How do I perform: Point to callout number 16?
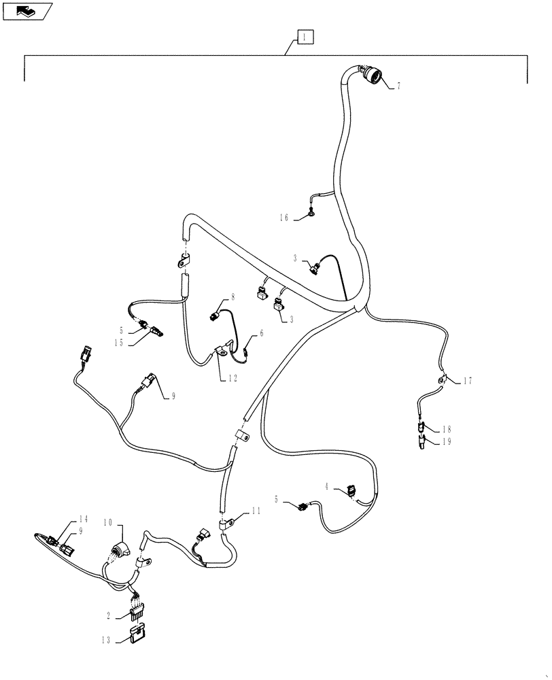pos(283,218)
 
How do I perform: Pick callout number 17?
pos(467,381)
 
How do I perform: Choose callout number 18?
pos(446,430)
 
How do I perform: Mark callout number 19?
pos(446,441)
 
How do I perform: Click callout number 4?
pos(326,486)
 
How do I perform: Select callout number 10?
pos(108,522)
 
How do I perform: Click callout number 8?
pos(232,296)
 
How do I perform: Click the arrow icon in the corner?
pos(26,10)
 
